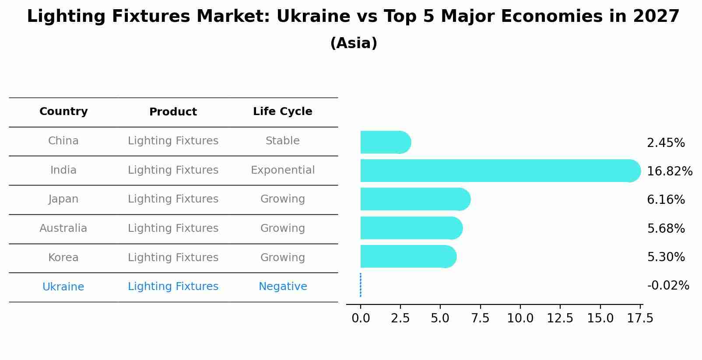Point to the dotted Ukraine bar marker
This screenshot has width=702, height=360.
360,285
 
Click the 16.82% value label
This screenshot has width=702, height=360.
669,171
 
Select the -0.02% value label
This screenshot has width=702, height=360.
668,286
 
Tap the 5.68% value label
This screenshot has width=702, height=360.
666,228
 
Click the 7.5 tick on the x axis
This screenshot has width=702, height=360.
480,318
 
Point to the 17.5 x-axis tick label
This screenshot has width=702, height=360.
640,318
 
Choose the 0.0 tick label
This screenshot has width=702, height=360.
360,318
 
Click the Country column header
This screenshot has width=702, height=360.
63,112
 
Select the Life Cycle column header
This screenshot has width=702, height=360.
282,112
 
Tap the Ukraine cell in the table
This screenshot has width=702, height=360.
63,287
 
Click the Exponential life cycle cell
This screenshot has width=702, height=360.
282,170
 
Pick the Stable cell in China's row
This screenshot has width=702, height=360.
282,141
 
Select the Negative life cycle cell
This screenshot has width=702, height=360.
282,287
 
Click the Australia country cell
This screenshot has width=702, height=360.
63,228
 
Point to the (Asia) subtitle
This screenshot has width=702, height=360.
353,43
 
